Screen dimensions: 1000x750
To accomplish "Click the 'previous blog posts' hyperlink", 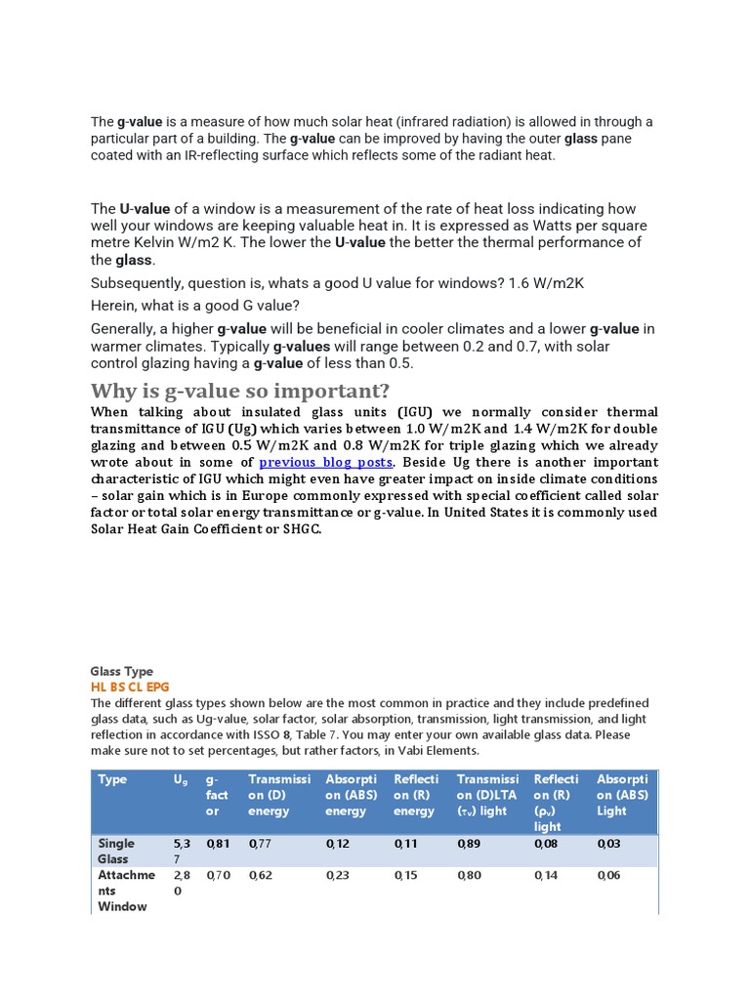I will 325,462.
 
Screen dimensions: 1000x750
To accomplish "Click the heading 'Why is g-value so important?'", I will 240,392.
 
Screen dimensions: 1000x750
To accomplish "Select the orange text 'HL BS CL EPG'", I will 129,687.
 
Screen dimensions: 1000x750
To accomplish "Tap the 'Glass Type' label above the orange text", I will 121,672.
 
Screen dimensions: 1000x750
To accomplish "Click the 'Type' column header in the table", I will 112,779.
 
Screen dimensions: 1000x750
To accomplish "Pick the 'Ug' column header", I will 181,780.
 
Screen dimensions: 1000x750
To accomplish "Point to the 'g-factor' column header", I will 217,795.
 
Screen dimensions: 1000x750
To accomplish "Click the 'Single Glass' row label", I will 116,851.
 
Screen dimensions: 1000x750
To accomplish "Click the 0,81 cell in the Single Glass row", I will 218,843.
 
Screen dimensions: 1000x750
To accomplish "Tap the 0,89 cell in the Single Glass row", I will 469,843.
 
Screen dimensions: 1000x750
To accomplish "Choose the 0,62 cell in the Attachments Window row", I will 261,875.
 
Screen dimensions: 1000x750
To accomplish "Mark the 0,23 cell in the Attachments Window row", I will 337,875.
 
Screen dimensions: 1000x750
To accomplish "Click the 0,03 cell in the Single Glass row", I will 608,843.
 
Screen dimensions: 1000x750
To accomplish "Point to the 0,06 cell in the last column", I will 608,875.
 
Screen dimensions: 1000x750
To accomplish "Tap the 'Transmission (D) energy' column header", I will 279,795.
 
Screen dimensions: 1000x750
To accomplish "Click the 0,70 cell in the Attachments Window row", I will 218,875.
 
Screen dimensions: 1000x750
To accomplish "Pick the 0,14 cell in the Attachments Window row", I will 546,875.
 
